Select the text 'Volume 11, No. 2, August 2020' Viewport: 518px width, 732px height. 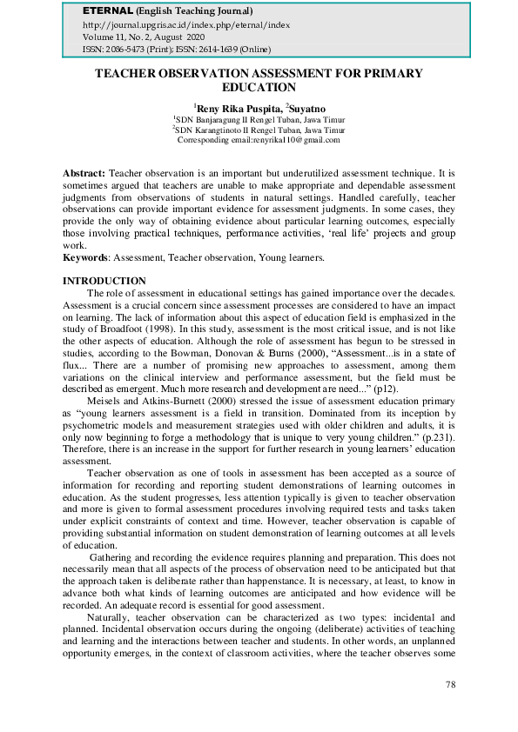pyautogui.click(x=145, y=38)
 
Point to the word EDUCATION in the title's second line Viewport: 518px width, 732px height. pyautogui.click(x=259, y=87)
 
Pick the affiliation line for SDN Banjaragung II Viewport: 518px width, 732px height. pyautogui.click(x=259, y=118)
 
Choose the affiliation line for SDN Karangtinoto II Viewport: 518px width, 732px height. pyautogui.click(x=259, y=129)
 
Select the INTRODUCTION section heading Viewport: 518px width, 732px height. pyautogui.click(x=104, y=281)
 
